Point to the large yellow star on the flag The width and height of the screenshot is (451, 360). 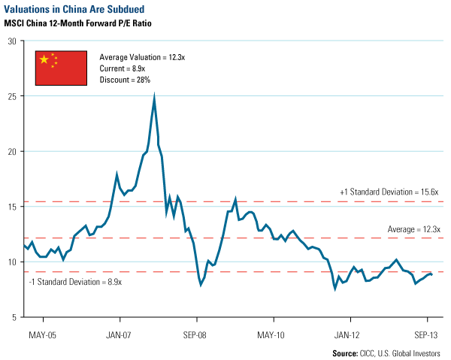point(44,59)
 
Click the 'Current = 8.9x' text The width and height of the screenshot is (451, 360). point(123,68)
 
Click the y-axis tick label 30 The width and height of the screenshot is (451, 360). point(12,41)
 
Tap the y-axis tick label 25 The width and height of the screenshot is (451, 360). point(12,96)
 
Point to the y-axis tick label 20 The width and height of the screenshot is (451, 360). point(12,151)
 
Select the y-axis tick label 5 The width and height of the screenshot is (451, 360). point(14,317)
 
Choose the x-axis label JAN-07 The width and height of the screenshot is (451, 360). point(120,334)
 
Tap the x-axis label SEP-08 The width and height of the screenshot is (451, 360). point(196,334)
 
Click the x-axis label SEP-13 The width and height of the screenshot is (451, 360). point(426,334)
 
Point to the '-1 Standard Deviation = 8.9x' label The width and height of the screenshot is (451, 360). point(74,282)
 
